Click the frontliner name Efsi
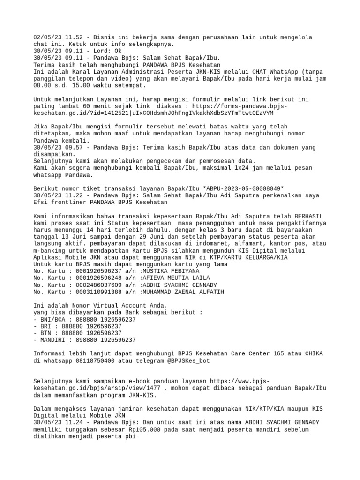pyautogui.click(x=41, y=202)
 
